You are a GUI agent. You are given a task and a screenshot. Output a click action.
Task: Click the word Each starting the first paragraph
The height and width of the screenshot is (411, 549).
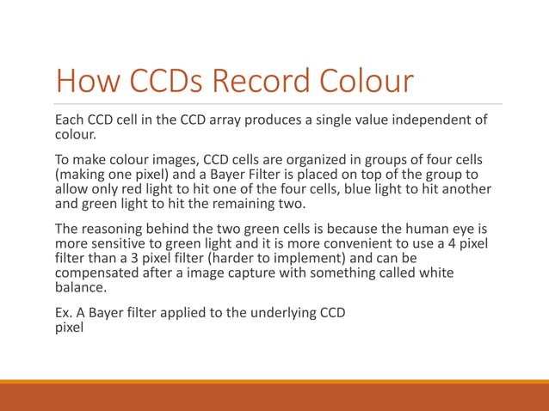tap(69, 120)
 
